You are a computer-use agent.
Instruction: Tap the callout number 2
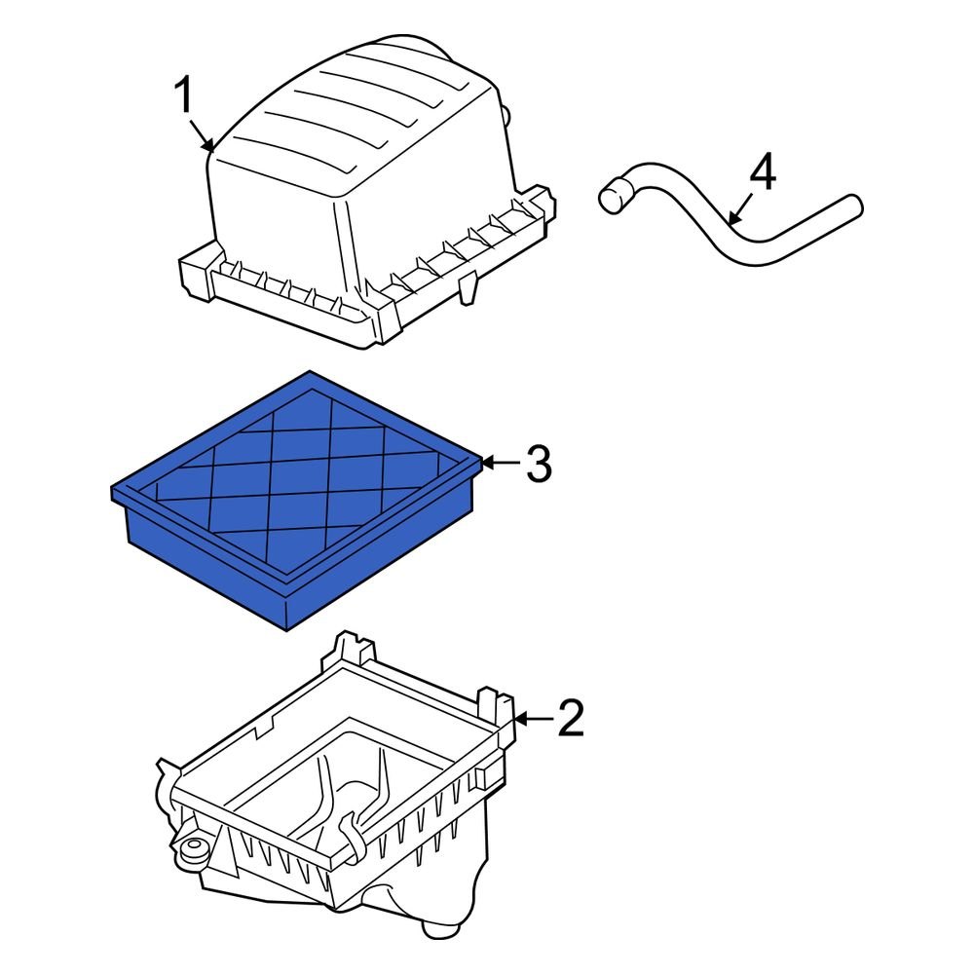[x=571, y=719]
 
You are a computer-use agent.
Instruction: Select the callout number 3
[x=539, y=465]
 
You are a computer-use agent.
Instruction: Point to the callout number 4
[x=763, y=174]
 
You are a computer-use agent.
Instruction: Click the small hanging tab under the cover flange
[x=468, y=288]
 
